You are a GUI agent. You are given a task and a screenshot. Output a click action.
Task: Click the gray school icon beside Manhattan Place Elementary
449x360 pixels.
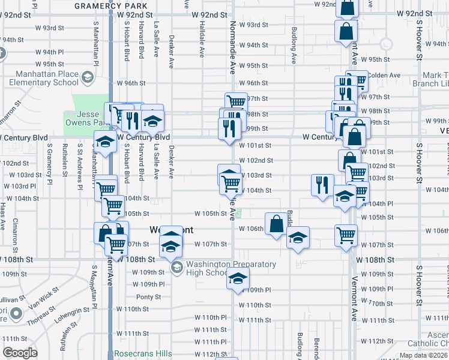point(88,77)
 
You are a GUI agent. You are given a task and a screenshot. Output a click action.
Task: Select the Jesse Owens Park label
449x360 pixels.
point(82,118)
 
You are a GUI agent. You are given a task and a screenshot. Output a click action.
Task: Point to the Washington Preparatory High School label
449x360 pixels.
point(231,268)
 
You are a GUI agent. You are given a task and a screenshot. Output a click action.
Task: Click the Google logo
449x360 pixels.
point(20,353)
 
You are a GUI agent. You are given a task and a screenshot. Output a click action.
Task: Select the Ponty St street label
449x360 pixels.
point(149,297)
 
